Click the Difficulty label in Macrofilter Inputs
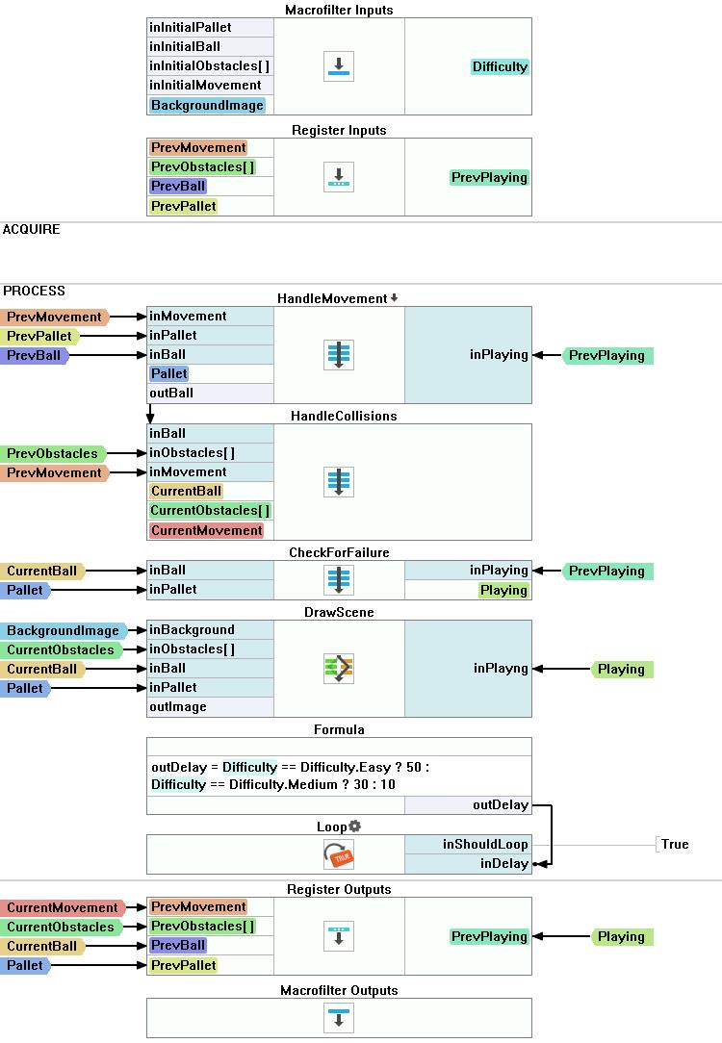coord(500,66)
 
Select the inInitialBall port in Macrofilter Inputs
coord(185,46)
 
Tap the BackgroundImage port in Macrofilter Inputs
coord(207,105)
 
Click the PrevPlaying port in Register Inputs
coord(489,177)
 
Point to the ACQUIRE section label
coord(32,229)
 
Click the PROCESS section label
coord(35,291)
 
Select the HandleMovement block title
coord(332,298)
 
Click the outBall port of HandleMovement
coord(172,393)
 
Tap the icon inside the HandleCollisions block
coord(339,481)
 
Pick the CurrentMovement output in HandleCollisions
coord(206,530)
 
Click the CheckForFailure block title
coord(338,552)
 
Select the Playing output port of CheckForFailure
coord(503,590)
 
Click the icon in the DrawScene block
coord(339,668)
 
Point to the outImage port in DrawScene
coord(178,706)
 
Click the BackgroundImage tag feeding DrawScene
coord(64,631)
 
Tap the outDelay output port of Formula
coord(500,804)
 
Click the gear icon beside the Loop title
coord(355,827)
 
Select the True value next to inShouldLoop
coord(675,844)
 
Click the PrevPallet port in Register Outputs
coord(184,965)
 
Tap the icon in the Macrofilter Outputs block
coord(339,1017)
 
